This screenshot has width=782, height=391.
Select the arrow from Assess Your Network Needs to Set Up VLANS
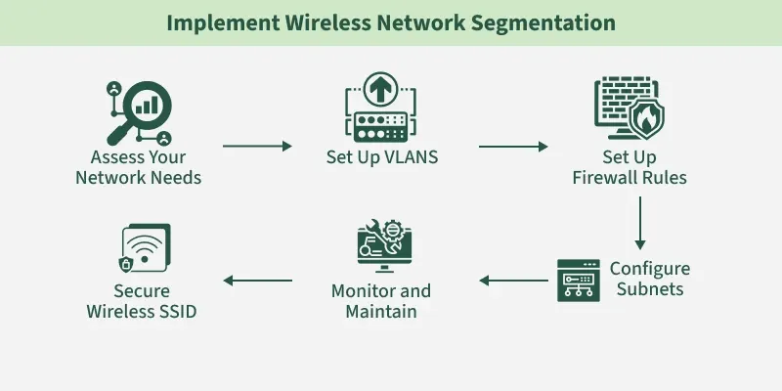(257, 147)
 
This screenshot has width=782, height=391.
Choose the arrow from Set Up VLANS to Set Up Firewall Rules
(513, 147)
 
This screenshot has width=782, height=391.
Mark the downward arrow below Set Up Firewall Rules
(640, 223)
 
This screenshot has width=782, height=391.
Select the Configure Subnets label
(649, 279)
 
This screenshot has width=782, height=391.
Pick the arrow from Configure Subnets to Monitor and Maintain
(512, 282)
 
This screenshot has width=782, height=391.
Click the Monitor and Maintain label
(381, 302)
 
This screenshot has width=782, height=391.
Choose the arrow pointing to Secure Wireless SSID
(257, 282)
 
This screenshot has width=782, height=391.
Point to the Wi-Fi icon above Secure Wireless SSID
(144, 252)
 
